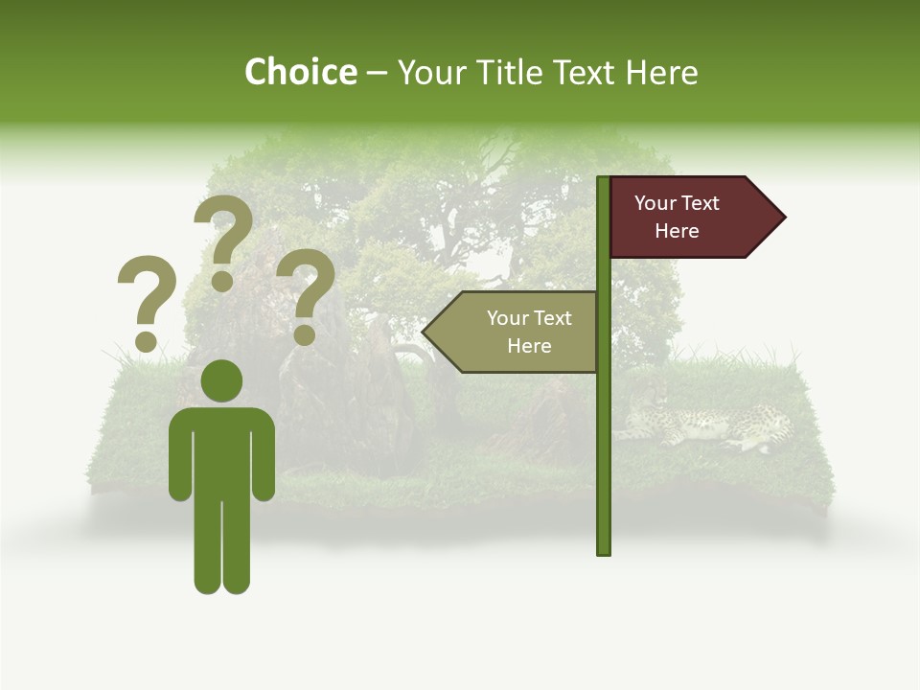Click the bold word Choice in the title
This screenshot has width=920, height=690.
(300, 72)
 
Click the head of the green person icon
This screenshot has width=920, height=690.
(221, 380)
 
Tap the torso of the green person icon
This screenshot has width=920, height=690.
(221, 450)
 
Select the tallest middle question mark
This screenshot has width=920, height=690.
(222, 230)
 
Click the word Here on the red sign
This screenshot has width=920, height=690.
(677, 231)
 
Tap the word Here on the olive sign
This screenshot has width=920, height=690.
(529, 346)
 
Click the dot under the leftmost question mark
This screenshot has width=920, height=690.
(146, 340)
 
